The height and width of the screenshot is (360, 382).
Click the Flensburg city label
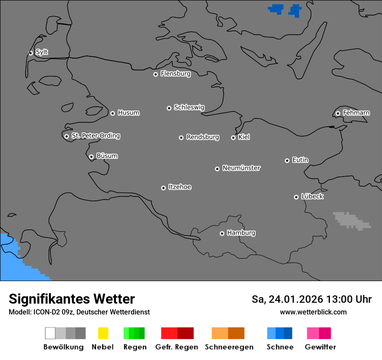[x=175, y=74]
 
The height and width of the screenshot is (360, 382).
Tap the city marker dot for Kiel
[x=233, y=137]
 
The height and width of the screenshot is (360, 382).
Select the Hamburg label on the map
[x=241, y=233]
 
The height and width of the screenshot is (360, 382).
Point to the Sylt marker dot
[x=30, y=53]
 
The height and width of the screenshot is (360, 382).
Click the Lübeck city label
[x=312, y=196]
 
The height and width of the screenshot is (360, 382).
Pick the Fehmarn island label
[x=356, y=113]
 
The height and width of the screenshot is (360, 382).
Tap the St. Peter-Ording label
[x=95, y=136]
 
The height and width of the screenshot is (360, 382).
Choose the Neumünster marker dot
[x=217, y=169]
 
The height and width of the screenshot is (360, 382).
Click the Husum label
[x=128, y=113]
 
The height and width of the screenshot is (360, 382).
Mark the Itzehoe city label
[x=180, y=187]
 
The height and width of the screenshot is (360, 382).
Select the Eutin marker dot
[x=287, y=160]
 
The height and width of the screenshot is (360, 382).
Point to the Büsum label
[x=107, y=156]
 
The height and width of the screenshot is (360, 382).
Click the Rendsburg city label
[x=203, y=137]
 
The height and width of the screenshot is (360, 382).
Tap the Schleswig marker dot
[x=169, y=108]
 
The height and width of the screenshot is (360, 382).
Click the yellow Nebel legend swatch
[x=103, y=333]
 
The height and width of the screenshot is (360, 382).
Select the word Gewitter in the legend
[x=320, y=347]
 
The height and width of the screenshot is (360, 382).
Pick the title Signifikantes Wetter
[x=72, y=299]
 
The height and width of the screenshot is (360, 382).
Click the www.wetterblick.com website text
[x=313, y=312]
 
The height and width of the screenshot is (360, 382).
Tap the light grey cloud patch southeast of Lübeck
[x=350, y=221]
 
